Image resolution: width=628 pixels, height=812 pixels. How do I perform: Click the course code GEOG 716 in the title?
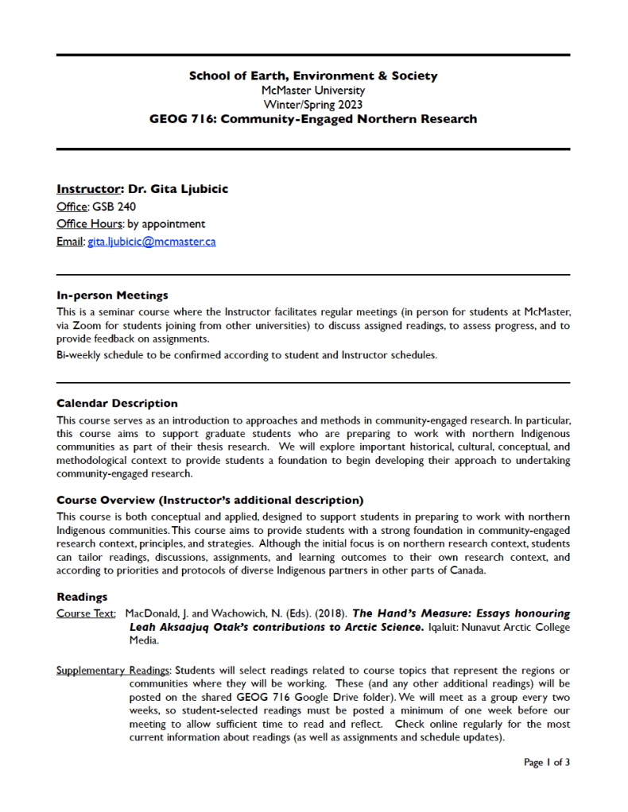pyautogui.click(x=181, y=119)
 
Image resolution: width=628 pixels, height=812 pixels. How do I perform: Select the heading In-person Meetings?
pyautogui.click(x=112, y=295)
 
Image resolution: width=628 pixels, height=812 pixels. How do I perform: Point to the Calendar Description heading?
pyautogui.click(x=117, y=404)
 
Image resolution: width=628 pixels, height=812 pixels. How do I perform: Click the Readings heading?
pyautogui.click(x=82, y=596)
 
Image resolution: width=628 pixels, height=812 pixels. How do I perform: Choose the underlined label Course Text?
pyautogui.click(x=87, y=613)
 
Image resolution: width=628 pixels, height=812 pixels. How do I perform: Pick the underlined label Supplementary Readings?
pyautogui.click(x=113, y=670)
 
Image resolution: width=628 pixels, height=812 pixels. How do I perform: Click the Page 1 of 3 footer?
pyautogui.click(x=546, y=763)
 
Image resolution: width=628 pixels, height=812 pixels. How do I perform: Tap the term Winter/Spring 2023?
pyautogui.click(x=313, y=104)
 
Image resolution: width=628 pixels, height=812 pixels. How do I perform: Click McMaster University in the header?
pyautogui.click(x=313, y=91)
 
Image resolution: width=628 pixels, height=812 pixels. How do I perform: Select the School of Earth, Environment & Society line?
pyautogui.click(x=313, y=76)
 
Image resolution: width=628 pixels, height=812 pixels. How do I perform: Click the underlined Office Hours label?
pyautogui.click(x=90, y=224)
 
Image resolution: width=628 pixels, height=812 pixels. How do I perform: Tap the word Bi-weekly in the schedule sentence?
pyautogui.click(x=79, y=355)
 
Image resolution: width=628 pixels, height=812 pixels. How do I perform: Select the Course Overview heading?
pyautogui.click(x=210, y=500)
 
